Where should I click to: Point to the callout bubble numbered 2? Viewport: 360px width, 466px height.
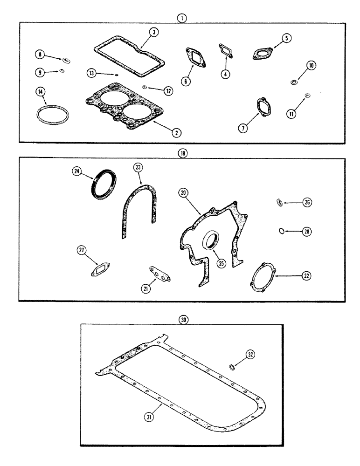(176, 133)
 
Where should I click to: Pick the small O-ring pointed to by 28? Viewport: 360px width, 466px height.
(280, 230)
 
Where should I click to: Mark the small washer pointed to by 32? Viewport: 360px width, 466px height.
(232, 369)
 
